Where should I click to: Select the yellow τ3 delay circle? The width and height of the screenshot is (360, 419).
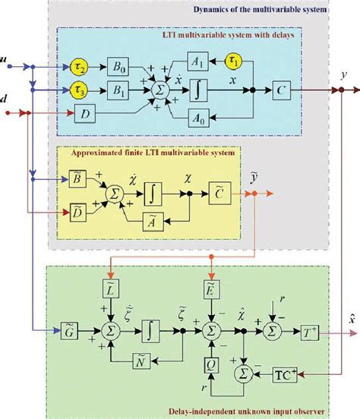[x=79, y=91]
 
